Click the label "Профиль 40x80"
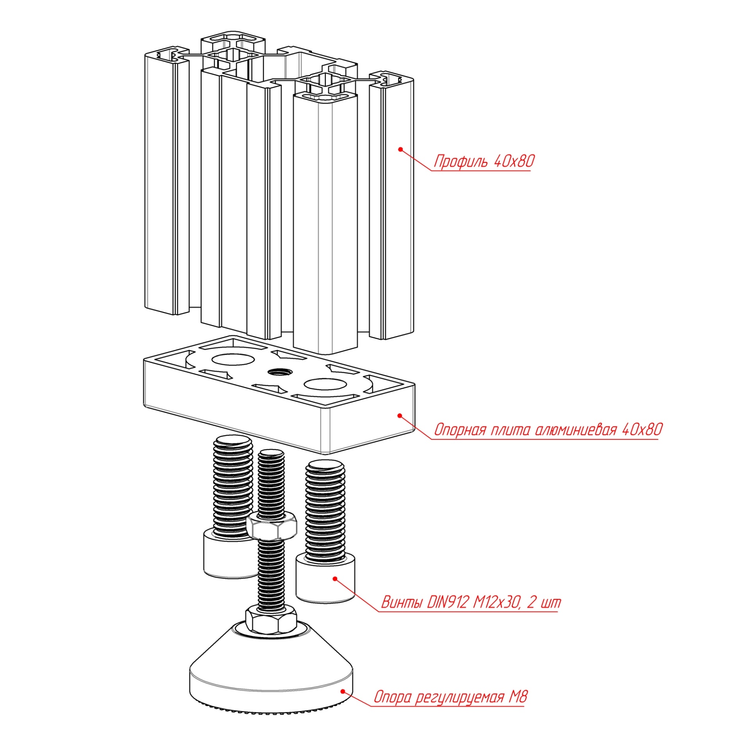coord(484,161)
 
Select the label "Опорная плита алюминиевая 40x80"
coord(548,430)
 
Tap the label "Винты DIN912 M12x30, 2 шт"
coord(471,602)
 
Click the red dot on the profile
coord(400,149)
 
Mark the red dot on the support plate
coord(400,416)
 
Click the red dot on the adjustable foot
coord(343,691)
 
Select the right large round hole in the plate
coord(325,384)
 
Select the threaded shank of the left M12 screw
coord(233,488)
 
